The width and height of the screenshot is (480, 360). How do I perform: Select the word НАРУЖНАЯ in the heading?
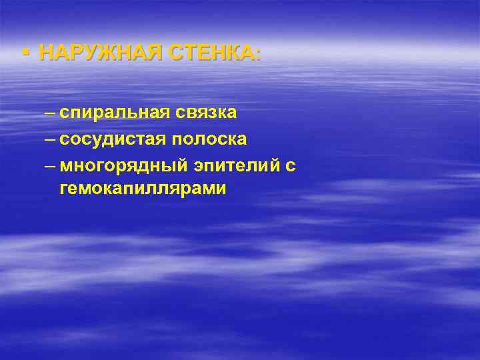101,53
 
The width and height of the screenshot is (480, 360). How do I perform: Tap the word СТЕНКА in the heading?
213,53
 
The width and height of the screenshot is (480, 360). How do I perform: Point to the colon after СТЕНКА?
259,55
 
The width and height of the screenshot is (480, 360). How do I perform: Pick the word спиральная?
115,113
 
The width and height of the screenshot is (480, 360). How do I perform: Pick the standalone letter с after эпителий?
290,166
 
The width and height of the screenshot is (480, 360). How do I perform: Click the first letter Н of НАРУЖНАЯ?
46,53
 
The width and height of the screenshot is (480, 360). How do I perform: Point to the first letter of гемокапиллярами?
63,190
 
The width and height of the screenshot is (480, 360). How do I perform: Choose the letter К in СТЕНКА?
232,53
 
